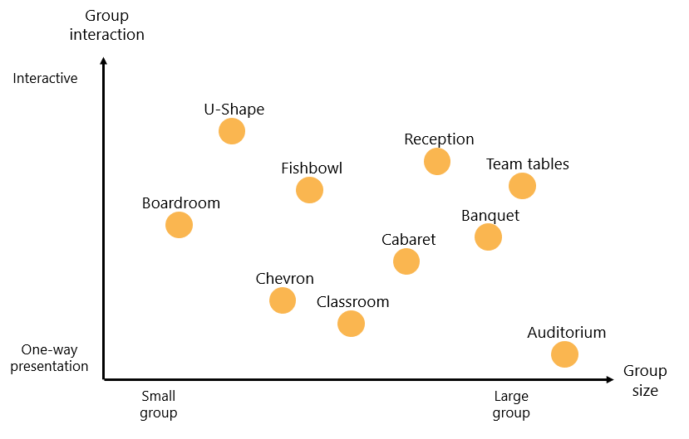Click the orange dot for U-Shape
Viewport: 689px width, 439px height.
(232, 131)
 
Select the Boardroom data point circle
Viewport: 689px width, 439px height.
(179, 225)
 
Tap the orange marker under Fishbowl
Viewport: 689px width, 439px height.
(309, 190)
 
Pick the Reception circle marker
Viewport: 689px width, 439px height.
(437, 161)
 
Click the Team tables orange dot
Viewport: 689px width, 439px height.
(522, 186)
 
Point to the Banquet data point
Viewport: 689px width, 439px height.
(488, 237)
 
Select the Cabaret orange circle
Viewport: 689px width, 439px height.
(406, 261)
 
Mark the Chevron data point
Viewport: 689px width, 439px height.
(283, 300)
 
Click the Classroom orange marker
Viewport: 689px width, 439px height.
(351, 324)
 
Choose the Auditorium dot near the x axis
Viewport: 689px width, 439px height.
(564, 354)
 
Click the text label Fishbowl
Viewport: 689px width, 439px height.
(312, 168)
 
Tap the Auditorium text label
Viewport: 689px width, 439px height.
(566, 333)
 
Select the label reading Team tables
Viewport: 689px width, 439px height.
(527, 164)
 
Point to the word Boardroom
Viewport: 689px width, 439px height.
(180, 203)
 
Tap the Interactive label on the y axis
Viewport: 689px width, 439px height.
(45, 79)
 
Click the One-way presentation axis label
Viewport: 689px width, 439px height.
(49, 359)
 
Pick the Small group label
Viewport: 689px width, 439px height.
(158, 404)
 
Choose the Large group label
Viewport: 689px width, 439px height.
(510, 404)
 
